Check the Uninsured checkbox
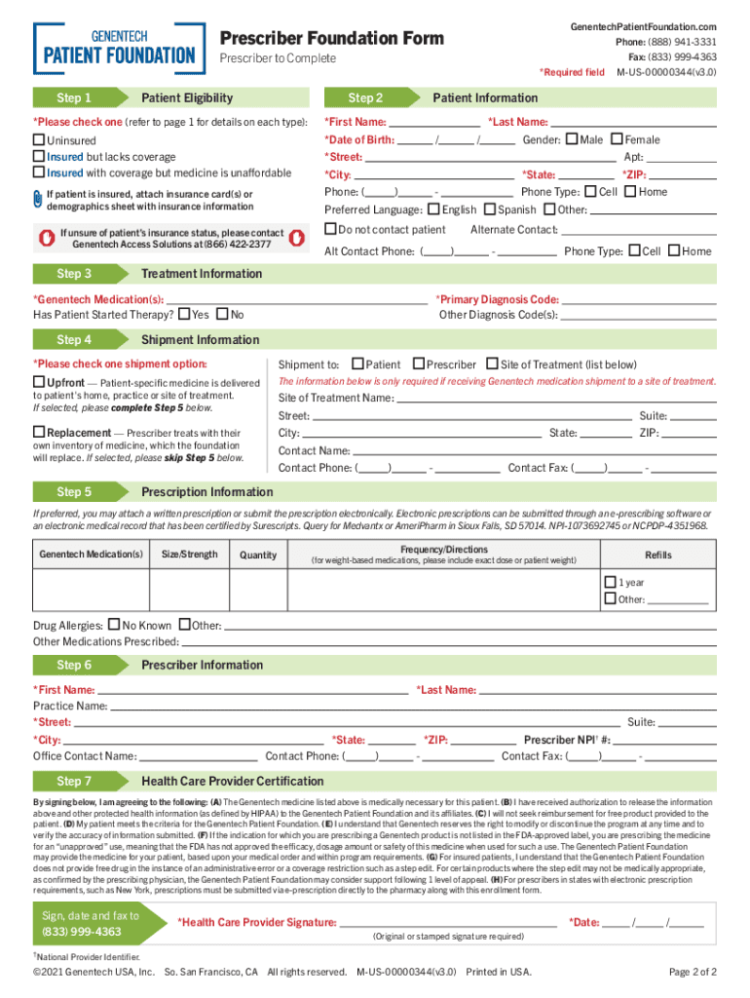click(39, 140)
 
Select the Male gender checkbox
click(571, 139)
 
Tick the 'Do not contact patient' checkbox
click(330, 229)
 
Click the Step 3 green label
click(75, 274)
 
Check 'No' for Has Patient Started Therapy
click(221, 314)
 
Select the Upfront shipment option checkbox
click(39, 382)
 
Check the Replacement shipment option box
click(39, 432)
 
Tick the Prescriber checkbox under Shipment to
click(419, 364)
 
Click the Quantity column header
click(258, 556)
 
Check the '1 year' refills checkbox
click(610, 582)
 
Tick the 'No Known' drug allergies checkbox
click(114, 625)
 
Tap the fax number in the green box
click(81, 932)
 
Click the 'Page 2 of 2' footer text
click(694, 972)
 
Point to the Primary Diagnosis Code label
click(497, 299)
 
